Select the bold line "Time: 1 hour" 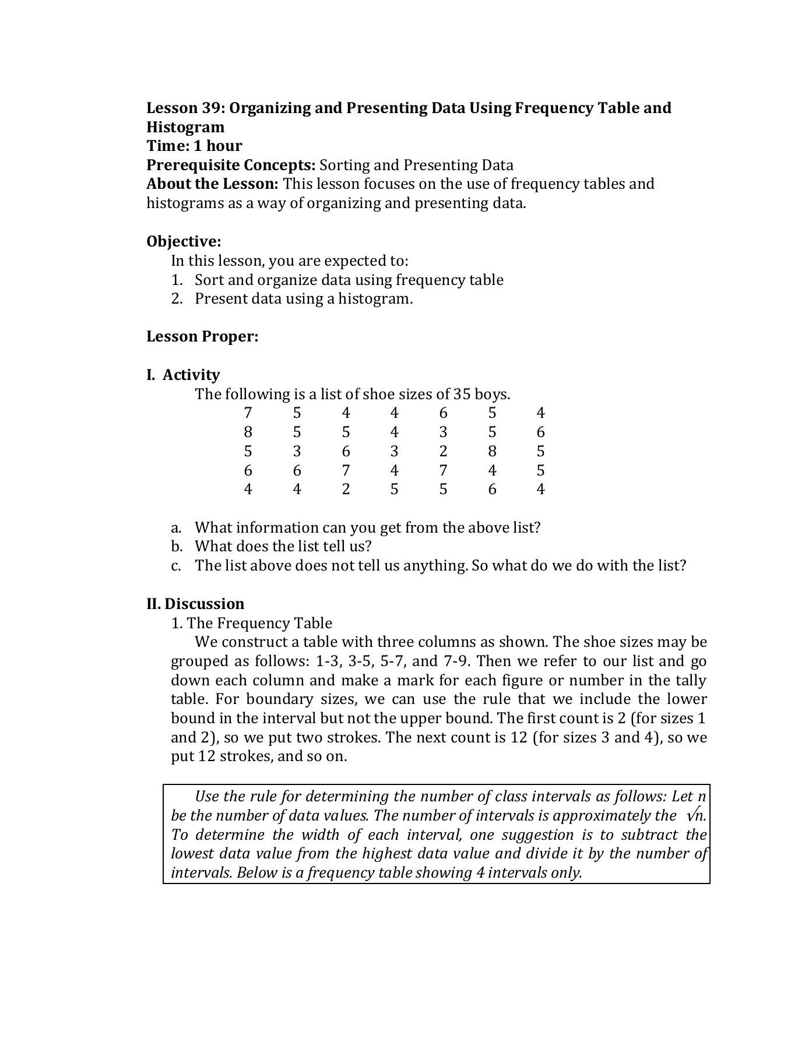(x=194, y=146)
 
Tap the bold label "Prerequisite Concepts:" (x=231, y=166)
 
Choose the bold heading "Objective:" (x=184, y=242)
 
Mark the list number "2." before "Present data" (x=177, y=299)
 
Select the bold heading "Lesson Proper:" (x=202, y=337)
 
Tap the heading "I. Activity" (x=183, y=375)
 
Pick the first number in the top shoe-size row (x=248, y=413)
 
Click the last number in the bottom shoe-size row (x=541, y=490)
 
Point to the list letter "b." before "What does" (x=177, y=547)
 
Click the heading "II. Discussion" (x=195, y=604)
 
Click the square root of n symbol (x=695, y=816)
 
